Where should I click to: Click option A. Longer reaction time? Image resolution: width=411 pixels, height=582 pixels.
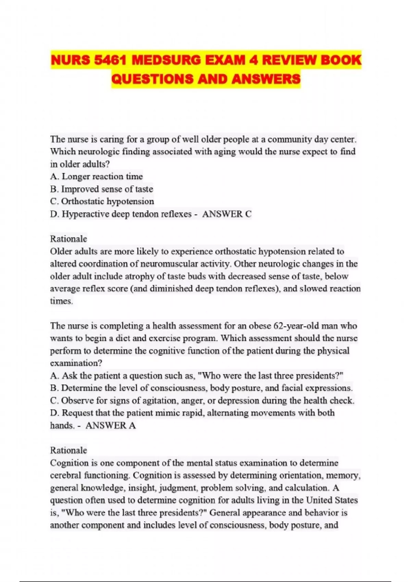point(96,177)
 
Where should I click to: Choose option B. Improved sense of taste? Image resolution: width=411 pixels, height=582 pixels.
point(101,189)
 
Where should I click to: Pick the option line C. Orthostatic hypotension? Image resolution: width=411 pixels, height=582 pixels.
point(102,201)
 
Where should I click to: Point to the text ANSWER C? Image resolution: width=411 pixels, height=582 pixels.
point(227,214)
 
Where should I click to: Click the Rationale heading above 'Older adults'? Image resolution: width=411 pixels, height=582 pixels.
point(68,239)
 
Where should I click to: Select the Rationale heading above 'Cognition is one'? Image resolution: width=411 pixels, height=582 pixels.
point(68,450)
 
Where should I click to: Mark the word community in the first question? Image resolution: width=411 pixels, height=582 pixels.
point(290,139)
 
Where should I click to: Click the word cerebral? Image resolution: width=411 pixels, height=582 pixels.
point(66,476)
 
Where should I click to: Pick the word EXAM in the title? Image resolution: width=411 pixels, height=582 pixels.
point(225,61)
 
